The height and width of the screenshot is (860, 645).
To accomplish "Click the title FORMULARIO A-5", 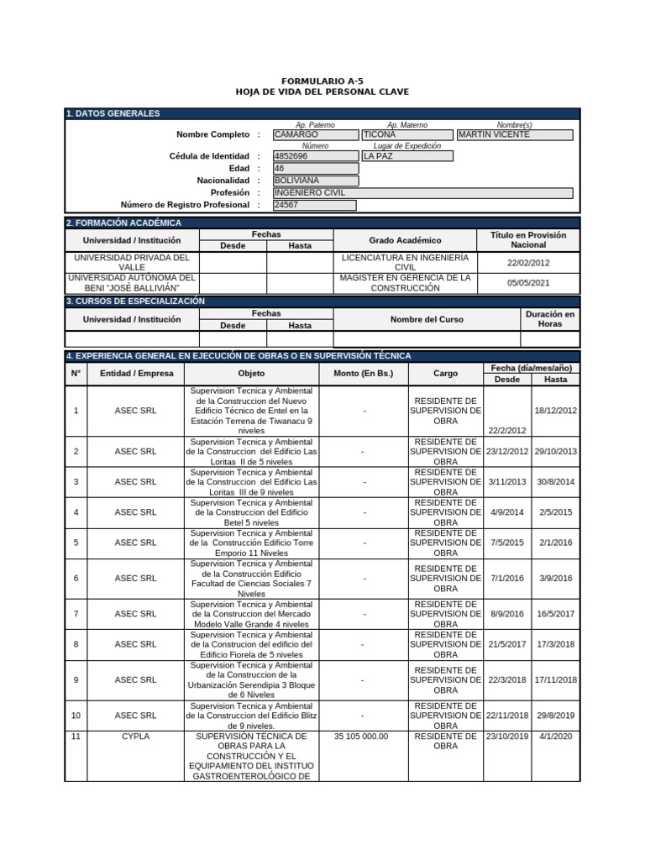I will (x=322, y=81).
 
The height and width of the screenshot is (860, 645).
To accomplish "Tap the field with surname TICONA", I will (x=406, y=134).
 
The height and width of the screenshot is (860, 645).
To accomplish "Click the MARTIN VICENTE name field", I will (x=515, y=134).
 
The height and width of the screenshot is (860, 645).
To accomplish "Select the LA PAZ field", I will (x=406, y=156).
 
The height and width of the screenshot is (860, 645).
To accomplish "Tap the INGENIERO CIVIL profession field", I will (x=423, y=192).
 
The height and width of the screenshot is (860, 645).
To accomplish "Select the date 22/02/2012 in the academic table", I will (x=528, y=262).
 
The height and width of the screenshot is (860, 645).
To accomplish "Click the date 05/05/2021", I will (x=528, y=283).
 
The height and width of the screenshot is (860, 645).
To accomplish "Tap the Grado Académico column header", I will (x=405, y=240).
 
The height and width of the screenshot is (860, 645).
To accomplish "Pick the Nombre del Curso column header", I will (x=427, y=319).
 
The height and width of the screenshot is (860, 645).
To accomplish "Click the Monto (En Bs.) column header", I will (x=363, y=373).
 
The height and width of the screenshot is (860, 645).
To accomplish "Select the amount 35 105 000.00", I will (x=362, y=736).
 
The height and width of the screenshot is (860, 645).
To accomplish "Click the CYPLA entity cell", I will (x=135, y=736).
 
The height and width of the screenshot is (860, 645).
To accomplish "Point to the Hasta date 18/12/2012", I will (x=555, y=410).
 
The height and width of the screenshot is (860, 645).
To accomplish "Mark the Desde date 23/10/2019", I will (x=507, y=736).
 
